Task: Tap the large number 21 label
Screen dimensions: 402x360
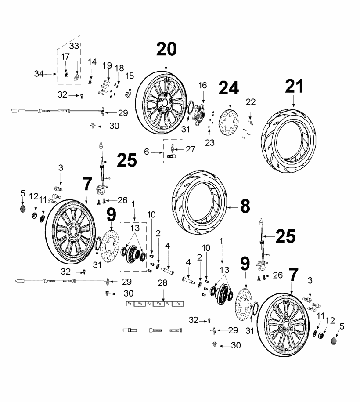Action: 294,87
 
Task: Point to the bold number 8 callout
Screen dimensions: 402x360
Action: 245,206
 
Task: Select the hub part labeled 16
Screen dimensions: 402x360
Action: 201,113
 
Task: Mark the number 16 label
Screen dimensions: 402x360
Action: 202,85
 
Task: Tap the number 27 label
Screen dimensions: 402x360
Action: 190,149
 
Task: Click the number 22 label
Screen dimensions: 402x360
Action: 251,101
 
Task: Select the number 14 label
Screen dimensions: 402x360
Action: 92,63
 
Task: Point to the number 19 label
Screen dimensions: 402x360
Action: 107,65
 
